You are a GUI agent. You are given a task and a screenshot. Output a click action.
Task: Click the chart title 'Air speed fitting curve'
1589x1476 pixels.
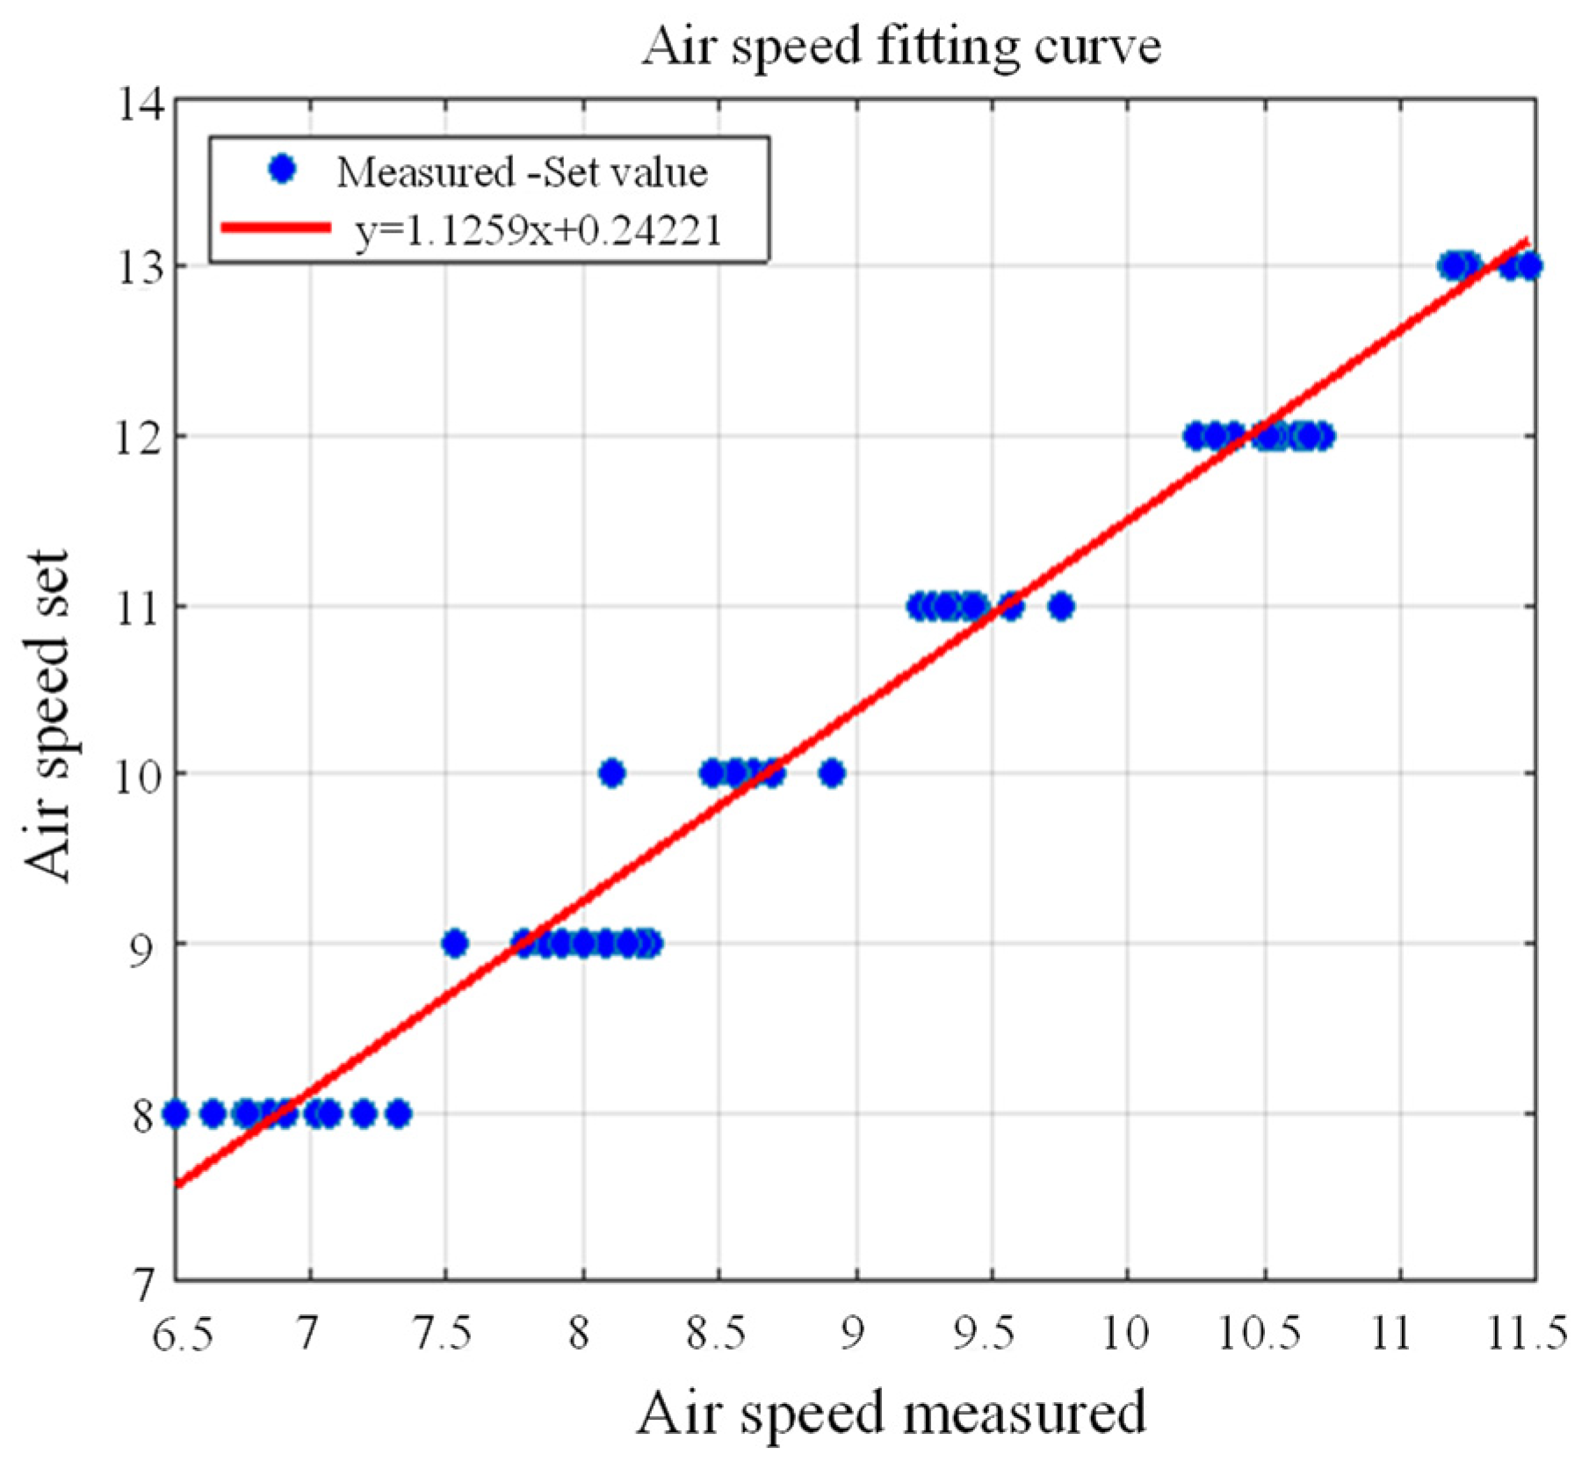(x=901, y=46)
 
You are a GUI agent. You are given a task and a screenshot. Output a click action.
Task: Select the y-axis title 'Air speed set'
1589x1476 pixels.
(x=46, y=716)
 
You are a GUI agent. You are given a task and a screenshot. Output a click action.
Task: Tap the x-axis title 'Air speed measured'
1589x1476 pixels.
(x=891, y=1413)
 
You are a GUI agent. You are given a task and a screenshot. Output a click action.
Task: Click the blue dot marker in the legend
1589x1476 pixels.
(x=282, y=170)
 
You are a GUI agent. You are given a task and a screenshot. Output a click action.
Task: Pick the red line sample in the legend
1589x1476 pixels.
(x=276, y=228)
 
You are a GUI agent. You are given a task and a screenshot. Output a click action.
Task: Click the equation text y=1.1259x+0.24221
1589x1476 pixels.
(x=538, y=230)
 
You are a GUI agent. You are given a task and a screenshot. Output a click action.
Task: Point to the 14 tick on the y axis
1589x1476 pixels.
(x=141, y=105)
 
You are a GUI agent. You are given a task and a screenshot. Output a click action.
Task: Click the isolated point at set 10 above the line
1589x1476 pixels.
(x=612, y=774)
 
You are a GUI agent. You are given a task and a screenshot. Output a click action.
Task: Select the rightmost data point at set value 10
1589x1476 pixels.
(x=832, y=774)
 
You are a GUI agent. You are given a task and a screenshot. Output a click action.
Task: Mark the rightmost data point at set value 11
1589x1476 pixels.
(x=1061, y=606)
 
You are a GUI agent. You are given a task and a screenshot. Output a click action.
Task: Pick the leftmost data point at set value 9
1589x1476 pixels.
(x=454, y=944)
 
